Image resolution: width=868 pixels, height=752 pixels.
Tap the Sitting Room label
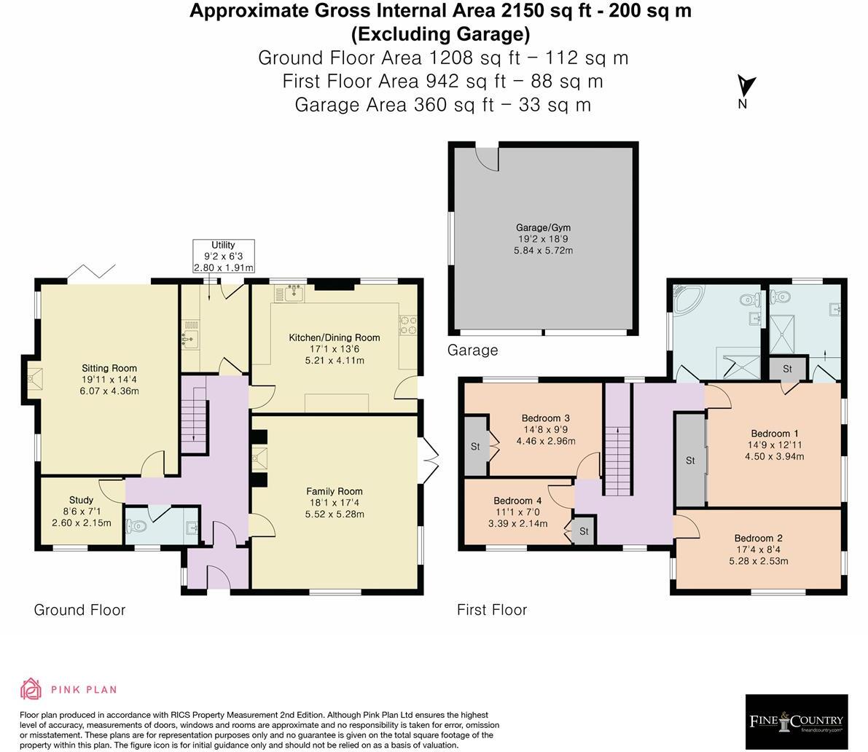point(109,380)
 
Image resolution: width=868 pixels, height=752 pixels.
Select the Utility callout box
point(223,256)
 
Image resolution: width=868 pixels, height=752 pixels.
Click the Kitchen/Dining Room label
point(335,349)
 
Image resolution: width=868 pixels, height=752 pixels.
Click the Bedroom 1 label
point(774,445)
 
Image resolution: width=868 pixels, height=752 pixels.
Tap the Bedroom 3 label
point(545,429)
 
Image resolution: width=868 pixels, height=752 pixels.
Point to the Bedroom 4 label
point(517,512)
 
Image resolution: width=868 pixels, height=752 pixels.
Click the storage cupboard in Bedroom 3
point(475,446)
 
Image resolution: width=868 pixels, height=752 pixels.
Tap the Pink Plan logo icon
point(31,689)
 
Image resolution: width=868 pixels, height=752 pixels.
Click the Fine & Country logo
point(796,722)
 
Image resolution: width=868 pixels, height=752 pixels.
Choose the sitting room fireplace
point(33,378)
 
